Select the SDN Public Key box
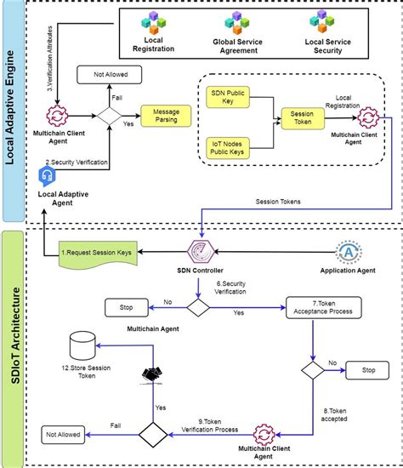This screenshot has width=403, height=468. (x=227, y=95)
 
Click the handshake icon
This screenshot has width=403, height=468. (x=153, y=375)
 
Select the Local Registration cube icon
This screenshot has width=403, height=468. (x=156, y=23)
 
